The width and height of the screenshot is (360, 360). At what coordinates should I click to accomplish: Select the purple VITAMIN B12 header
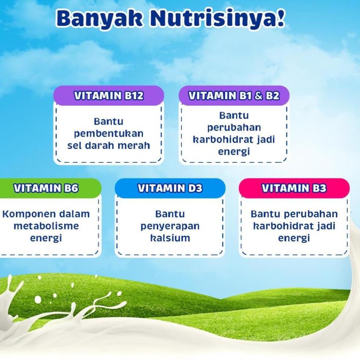point(109,95)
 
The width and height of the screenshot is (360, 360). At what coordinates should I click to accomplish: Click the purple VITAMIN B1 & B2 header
point(234,95)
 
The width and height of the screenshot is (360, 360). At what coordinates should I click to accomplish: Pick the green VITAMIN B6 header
point(46,188)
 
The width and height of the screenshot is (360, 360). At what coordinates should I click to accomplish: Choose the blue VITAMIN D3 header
point(170,188)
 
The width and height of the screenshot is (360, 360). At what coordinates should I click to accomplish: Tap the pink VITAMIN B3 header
point(294,188)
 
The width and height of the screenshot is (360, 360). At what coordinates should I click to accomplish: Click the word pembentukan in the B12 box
point(109,134)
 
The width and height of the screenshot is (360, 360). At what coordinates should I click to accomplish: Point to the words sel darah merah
point(109,146)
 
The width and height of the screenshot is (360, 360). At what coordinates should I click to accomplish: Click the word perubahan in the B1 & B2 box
point(234,128)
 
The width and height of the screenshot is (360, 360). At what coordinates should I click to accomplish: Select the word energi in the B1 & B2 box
point(234,152)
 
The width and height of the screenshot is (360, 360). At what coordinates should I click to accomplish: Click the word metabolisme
point(46,226)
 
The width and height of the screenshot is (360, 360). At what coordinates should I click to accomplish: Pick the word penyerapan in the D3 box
point(170,226)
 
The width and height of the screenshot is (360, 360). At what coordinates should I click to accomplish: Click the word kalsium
point(170,238)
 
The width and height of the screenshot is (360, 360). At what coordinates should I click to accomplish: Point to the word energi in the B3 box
point(294,238)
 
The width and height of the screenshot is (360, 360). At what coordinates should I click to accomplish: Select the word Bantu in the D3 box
point(170,214)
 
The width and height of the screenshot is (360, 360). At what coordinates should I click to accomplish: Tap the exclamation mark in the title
point(281,18)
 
